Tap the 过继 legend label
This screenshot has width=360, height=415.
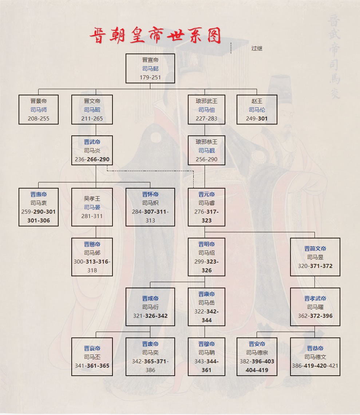(x=257, y=48)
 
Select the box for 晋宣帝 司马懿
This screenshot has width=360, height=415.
(x=150, y=68)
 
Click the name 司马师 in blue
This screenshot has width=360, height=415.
(x=39, y=110)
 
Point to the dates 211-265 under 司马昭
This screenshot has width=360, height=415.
(x=92, y=118)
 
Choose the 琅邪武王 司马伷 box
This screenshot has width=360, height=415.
(x=206, y=110)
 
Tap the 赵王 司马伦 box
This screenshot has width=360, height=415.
(x=257, y=110)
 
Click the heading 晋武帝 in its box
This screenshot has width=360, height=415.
(x=92, y=142)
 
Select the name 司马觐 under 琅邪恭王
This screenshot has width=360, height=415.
(x=206, y=150)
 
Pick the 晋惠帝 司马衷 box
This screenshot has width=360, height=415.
(x=39, y=207)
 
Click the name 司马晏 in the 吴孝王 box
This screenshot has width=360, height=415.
(x=92, y=207)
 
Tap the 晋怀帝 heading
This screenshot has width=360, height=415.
(x=150, y=194)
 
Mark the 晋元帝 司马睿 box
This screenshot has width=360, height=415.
(x=206, y=207)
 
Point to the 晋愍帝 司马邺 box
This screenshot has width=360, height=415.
(x=92, y=257)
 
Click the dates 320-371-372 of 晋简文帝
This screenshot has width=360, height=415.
(x=315, y=266)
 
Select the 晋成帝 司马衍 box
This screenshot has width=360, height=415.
(x=150, y=307)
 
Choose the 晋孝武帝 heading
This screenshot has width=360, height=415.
(x=315, y=299)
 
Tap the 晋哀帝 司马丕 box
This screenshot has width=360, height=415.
(x=92, y=357)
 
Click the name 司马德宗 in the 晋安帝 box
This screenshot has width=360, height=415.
(x=257, y=352)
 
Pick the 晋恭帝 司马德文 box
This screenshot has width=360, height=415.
(x=315, y=357)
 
